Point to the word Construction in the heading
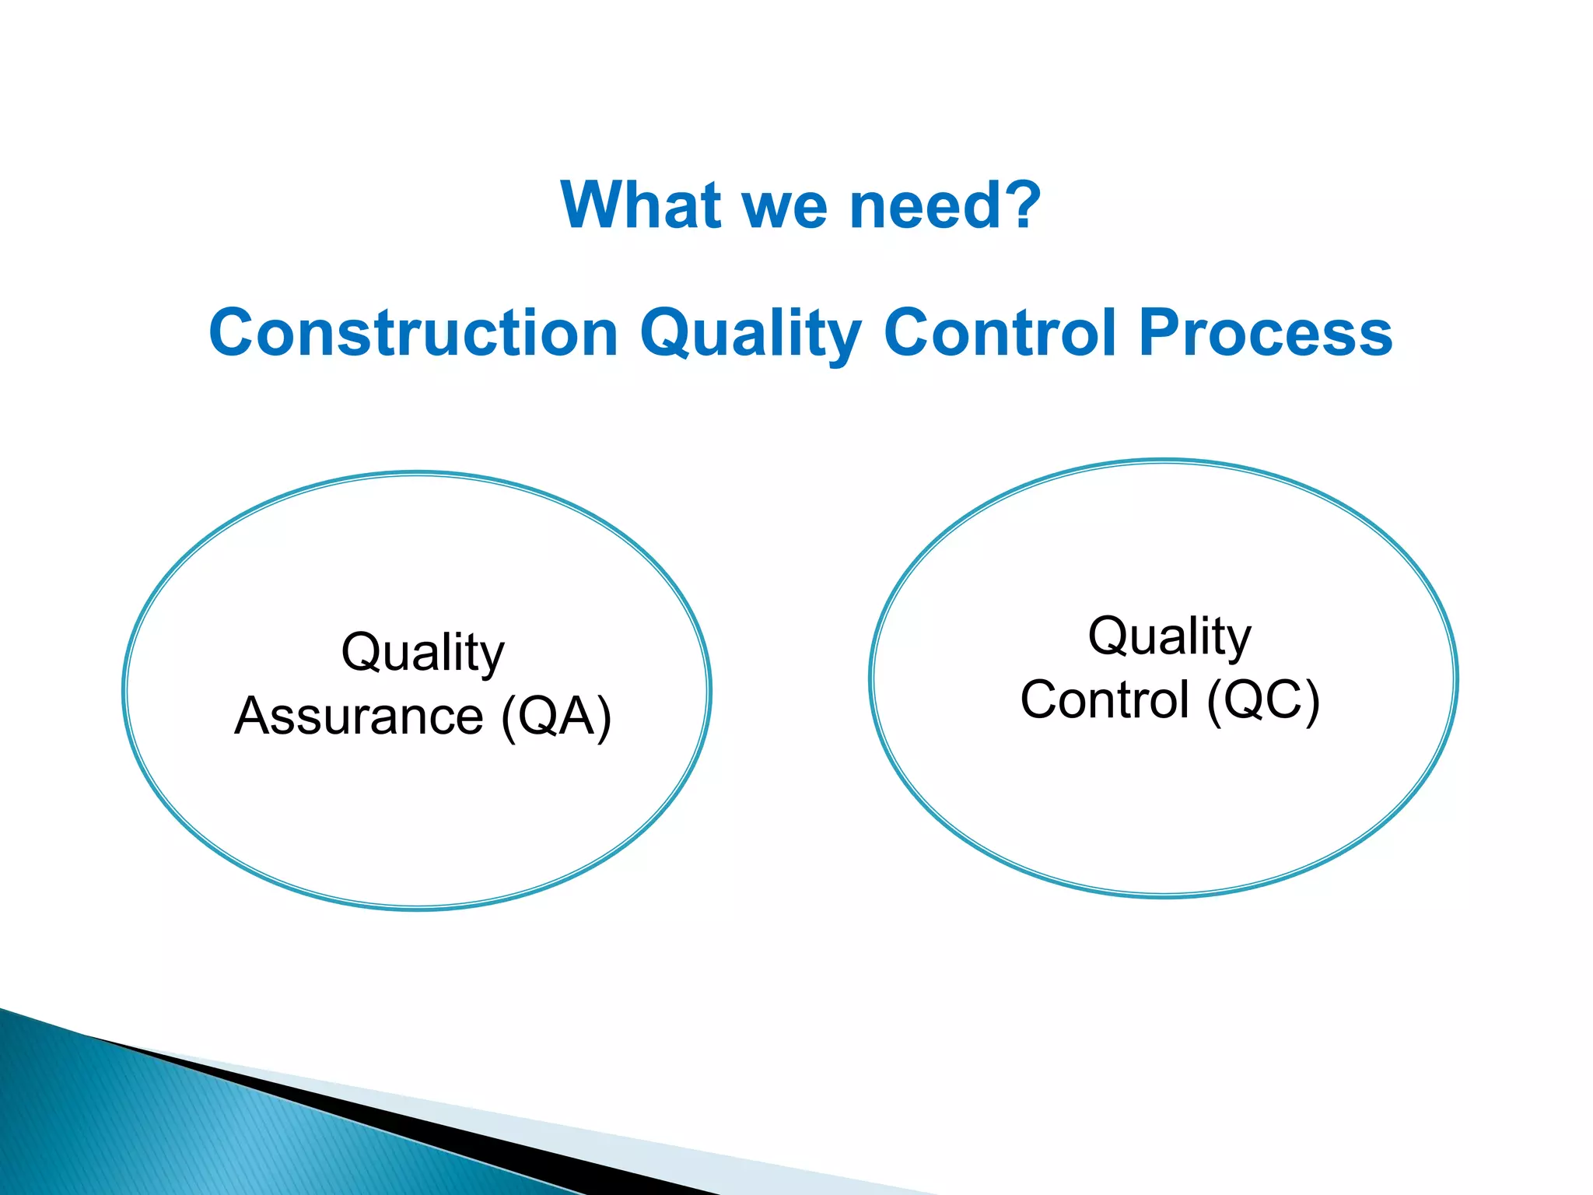413,333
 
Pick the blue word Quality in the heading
750,335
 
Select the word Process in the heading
1266,333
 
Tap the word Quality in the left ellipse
423,654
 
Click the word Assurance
359,717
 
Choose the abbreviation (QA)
556,717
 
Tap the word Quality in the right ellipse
1170,638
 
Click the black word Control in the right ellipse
1105,700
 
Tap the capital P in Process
1161,332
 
